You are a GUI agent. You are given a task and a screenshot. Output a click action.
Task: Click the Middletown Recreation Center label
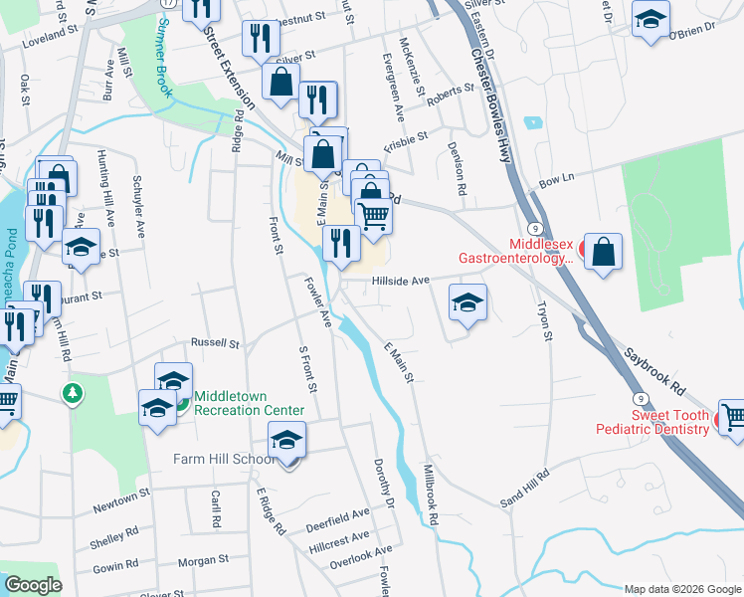point(249,402)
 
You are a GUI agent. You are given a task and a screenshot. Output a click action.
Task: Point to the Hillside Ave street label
point(400,281)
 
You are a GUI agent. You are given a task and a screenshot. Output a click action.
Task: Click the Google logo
point(33,585)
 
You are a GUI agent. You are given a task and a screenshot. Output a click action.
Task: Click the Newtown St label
point(120,493)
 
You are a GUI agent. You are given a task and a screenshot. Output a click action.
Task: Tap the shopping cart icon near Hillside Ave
point(373,215)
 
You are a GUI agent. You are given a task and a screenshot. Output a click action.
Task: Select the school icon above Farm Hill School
point(286,439)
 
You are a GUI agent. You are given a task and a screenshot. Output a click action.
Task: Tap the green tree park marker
point(72,393)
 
